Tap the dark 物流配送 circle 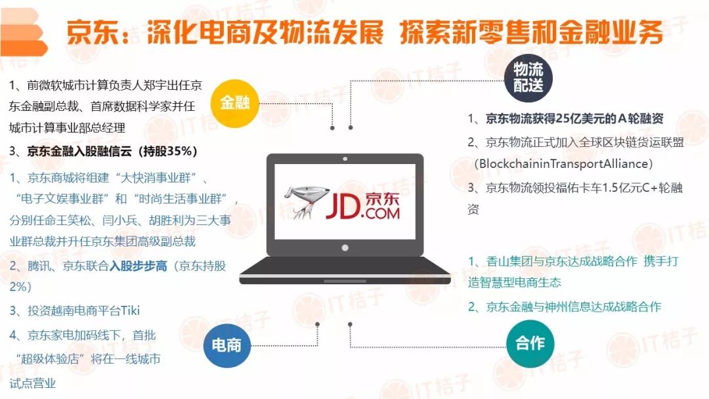tap(528, 78)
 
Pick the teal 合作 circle tap(530, 343)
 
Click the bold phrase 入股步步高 tap(138, 266)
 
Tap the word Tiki tap(129, 310)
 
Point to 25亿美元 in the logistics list tap(583, 119)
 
